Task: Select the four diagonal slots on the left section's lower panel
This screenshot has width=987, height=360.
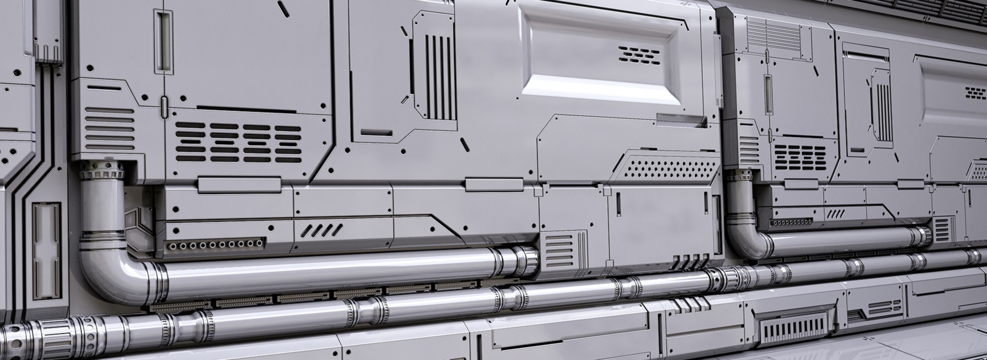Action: click(x=322, y=230)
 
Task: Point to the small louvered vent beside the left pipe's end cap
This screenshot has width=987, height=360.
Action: click(x=560, y=250)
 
